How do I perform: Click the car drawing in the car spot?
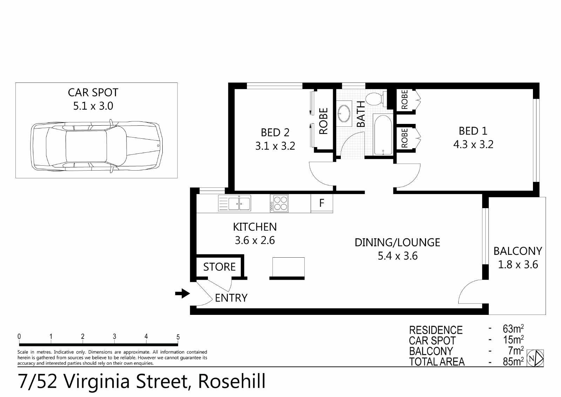96,146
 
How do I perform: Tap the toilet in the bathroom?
376,99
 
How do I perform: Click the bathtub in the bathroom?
383,135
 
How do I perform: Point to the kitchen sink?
235,203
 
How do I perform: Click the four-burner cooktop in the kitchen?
279,203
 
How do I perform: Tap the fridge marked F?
322,203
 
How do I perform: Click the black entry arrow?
182,293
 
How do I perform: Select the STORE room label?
219,267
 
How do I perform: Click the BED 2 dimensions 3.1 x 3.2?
275,146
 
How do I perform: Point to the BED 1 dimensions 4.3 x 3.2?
473,145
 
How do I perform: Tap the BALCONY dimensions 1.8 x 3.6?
518,265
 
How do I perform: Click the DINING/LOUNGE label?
398,243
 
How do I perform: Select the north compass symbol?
535,358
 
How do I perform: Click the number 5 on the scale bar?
178,337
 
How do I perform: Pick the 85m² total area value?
513,361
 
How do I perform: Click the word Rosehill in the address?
232,382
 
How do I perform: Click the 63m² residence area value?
513,329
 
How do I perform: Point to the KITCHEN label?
255,227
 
